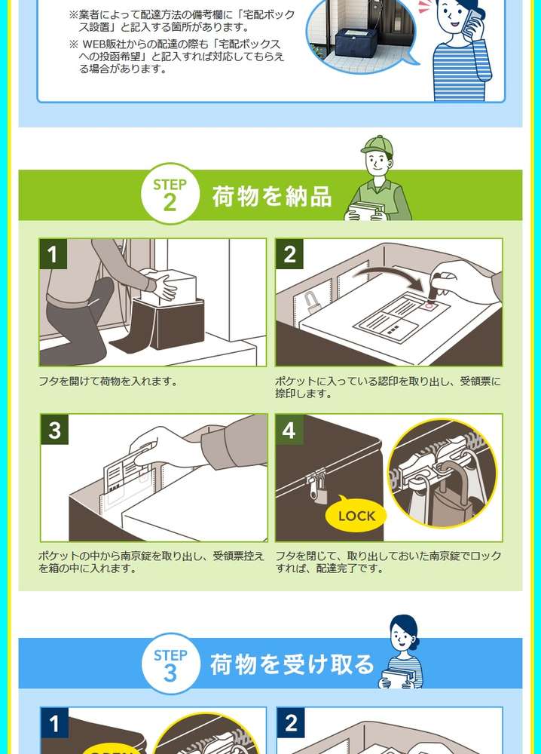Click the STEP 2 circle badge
point(170,194)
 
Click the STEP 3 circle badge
point(170,664)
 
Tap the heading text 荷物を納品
point(272,196)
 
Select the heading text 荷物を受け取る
point(292,664)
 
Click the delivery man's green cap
point(377,146)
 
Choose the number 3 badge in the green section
point(55,430)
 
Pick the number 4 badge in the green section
point(289,430)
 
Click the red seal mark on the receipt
point(429,305)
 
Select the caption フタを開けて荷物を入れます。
point(109,382)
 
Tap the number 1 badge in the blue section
point(54,723)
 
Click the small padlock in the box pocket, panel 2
point(311,302)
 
